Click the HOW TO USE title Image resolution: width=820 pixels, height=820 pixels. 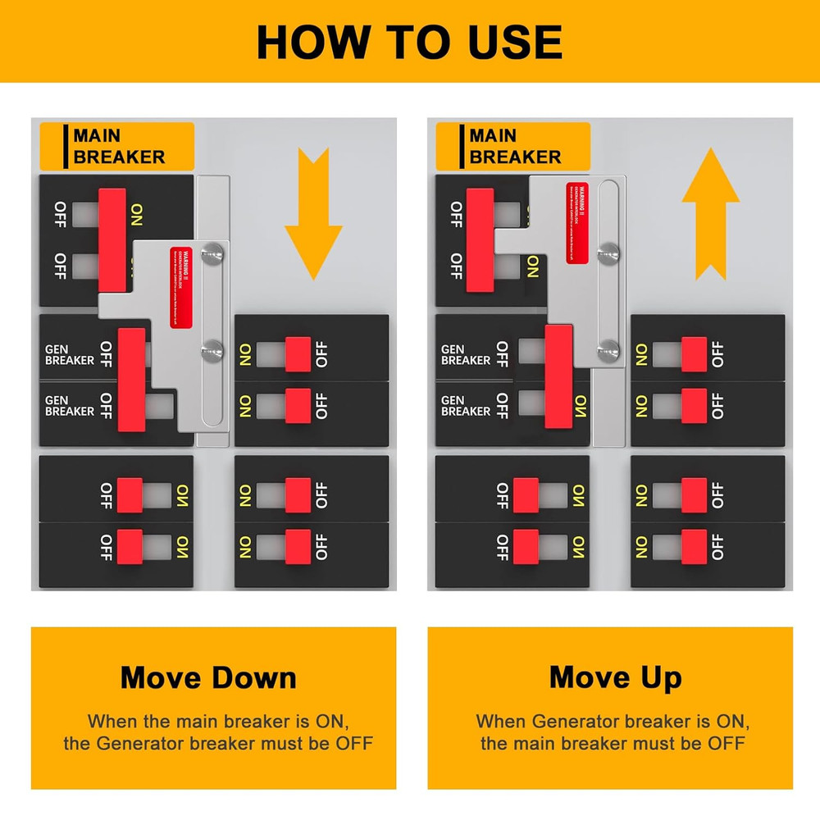point(409,41)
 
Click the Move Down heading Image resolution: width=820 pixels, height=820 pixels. point(208,678)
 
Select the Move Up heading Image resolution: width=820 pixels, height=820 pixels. point(615,678)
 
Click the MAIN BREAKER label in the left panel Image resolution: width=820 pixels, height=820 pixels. point(118,147)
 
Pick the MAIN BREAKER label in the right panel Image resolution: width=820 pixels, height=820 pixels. point(515,147)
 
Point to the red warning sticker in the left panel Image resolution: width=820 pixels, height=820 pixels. point(181,288)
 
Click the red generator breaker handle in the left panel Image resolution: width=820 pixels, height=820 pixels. point(132,380)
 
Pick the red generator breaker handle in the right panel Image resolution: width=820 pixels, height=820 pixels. point(558,376)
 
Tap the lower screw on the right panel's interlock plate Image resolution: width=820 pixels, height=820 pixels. point(608,349)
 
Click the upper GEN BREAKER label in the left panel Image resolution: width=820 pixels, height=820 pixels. point(69,354)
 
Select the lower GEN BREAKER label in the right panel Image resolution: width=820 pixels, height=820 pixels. point(466,406)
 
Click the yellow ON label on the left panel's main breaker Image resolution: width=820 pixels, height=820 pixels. point(136,215)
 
